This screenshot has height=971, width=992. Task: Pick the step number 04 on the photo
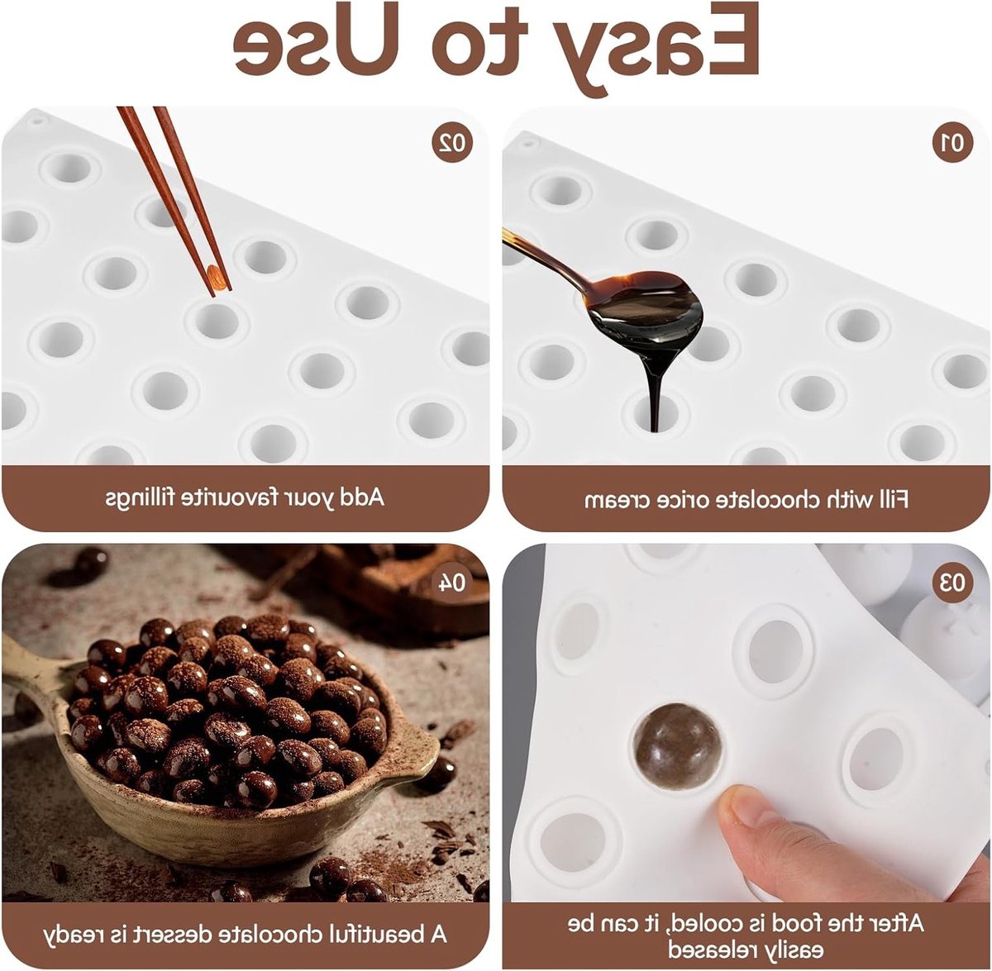click(451, 583)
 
